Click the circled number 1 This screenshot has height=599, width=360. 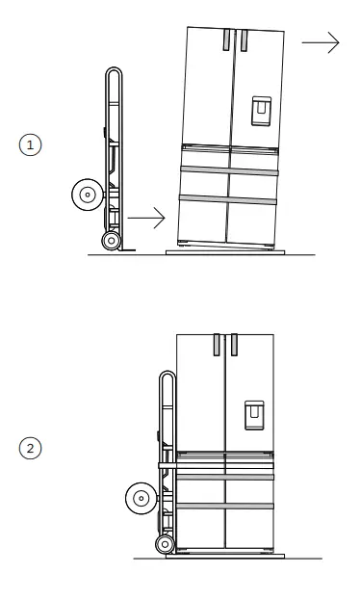32,144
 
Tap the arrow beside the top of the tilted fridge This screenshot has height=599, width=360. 321,42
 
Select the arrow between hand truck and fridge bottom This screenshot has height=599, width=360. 145,220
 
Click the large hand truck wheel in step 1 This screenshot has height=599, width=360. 87,195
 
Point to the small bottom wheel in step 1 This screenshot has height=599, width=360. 112,241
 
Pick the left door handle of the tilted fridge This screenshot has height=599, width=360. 225,40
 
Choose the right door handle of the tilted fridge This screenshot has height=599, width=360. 244,40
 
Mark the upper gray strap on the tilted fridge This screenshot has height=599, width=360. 230,169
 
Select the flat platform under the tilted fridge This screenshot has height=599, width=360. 223,251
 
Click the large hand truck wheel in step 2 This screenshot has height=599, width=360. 141,498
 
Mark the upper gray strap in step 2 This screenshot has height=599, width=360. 225,476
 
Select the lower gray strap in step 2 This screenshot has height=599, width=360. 225,506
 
